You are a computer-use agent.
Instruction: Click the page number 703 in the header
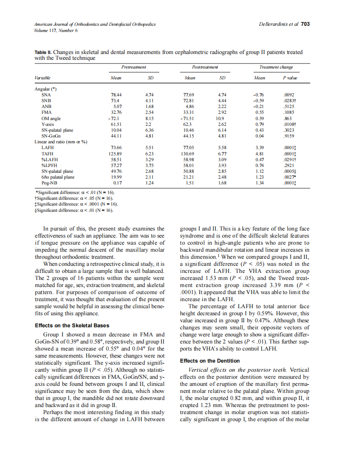[x=306, y=24]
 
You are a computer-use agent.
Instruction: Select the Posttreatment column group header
[x=205, y=67]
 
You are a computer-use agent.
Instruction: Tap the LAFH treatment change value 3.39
[x=259, y=147]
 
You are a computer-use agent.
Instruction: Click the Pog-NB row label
[x=49, y=182]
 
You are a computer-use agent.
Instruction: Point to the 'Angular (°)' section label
[x=45, y=89]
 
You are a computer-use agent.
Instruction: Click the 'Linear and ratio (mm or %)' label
[x=60, y=142]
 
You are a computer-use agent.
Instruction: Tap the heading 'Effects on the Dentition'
[x=210, y=361]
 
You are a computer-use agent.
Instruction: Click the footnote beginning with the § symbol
[x=75, y=211]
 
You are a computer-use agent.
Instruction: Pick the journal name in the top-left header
[x=95, y=24]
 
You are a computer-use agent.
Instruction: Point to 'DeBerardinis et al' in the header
[x=279, y=24]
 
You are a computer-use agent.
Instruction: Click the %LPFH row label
[x=49, y=165]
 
